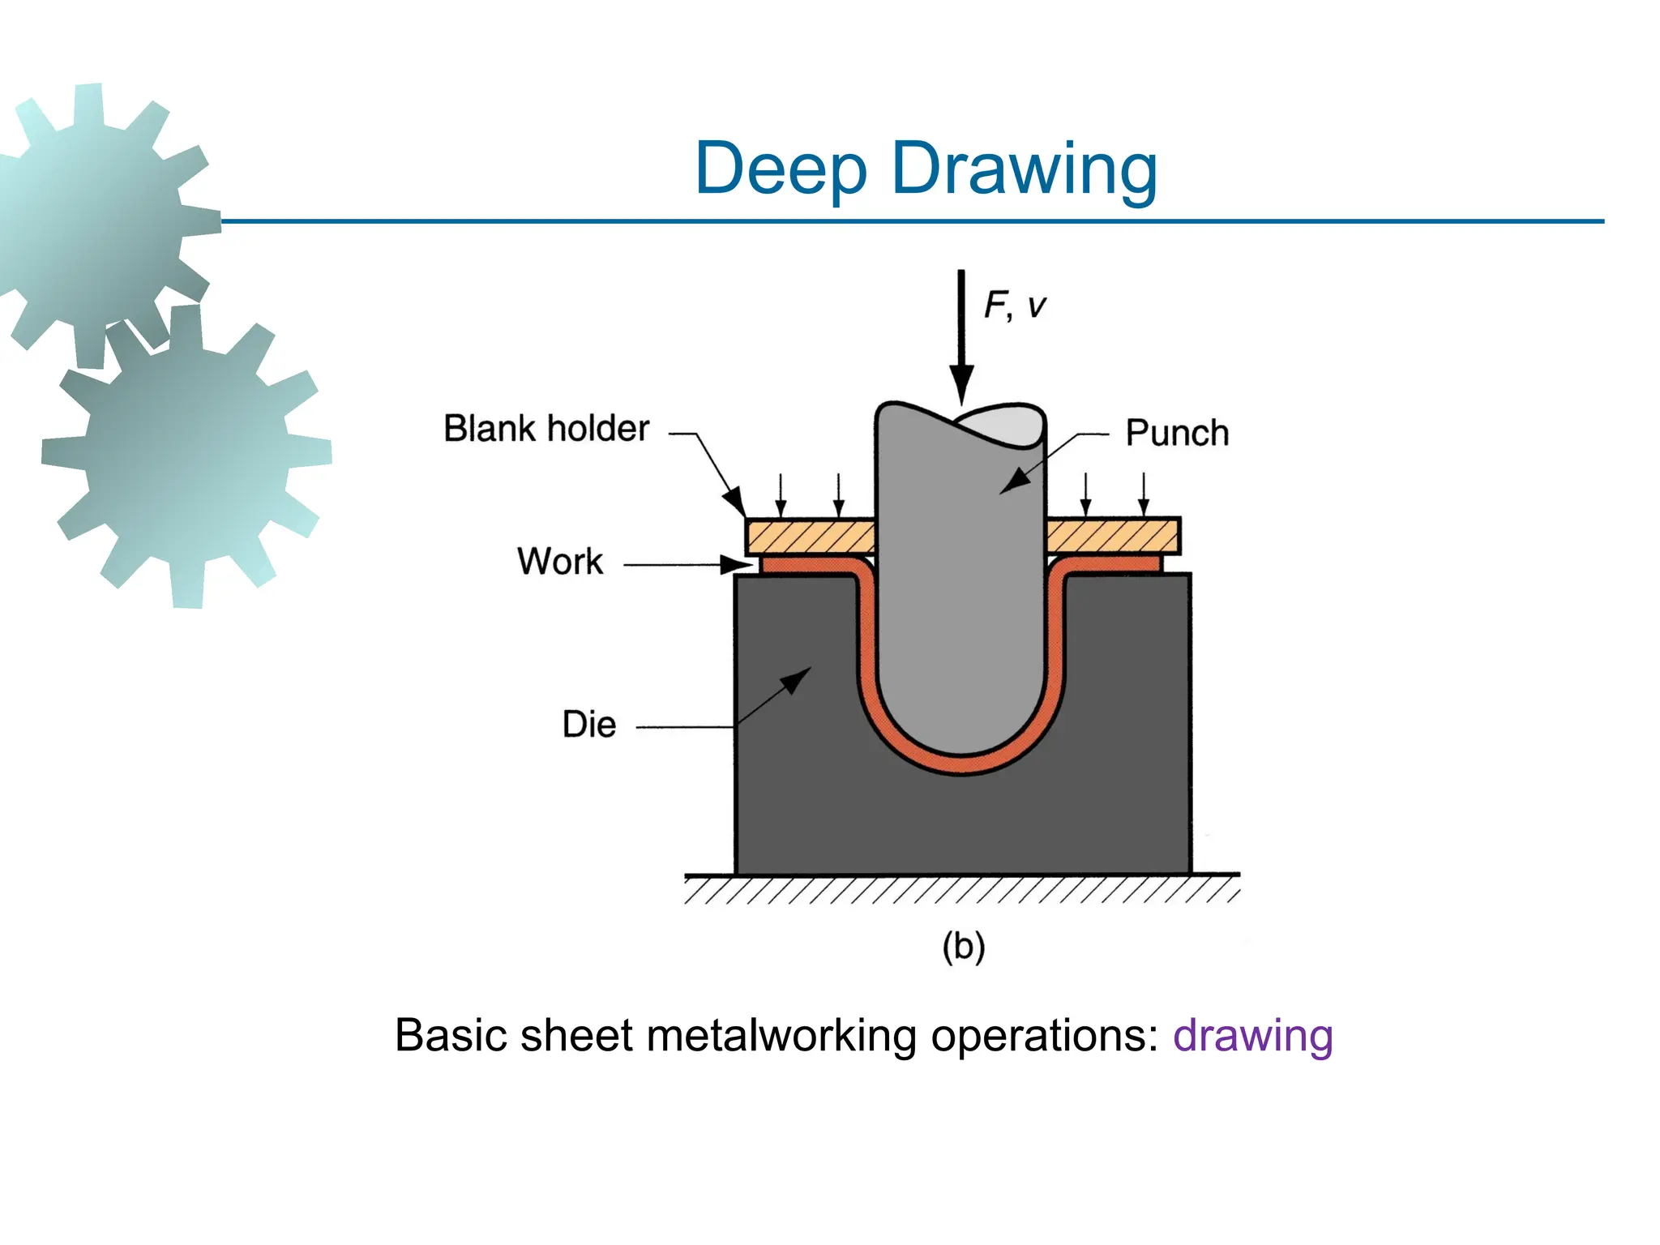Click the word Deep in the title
point(781,169)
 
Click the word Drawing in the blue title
point(1024,169)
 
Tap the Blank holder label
point(545,428)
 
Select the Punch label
point(1176,433)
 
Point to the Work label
point(560,561)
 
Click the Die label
point(589,724)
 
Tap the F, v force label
point(1015,306)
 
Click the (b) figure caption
point(963,946)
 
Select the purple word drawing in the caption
point(1252,1035)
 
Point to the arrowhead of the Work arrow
point(738,564)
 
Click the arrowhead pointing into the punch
point(1014,482)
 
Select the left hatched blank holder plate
point(810,536)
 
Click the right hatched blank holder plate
point(1112,536)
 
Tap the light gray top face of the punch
point(1001,426)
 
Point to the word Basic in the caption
point(450,1035)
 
